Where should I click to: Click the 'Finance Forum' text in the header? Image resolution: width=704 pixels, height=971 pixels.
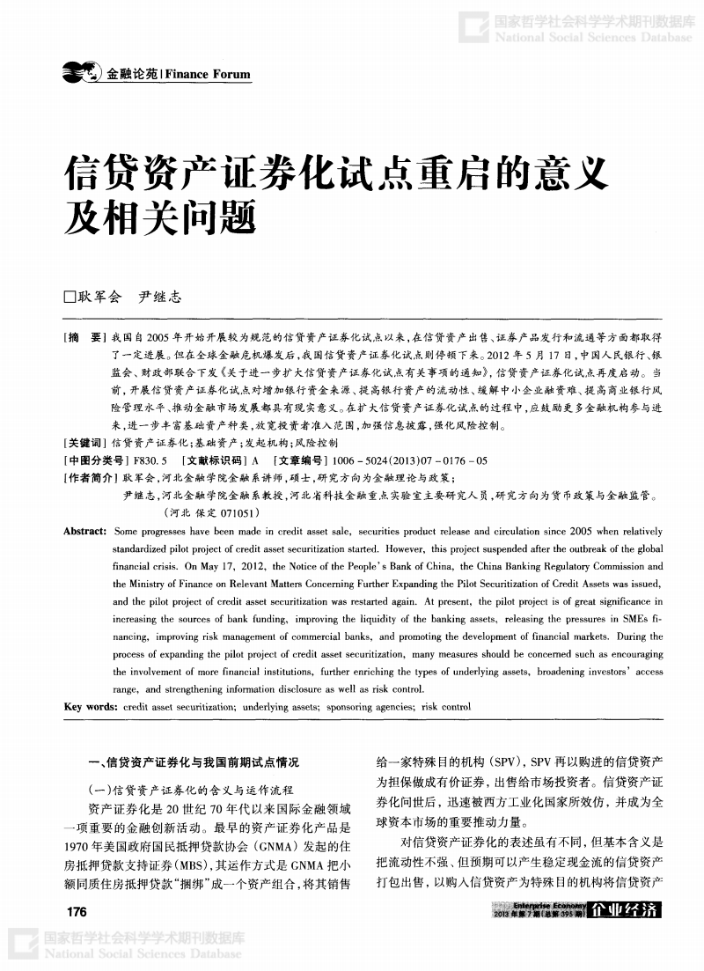208,75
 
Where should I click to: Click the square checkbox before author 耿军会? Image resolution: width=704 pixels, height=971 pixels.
70,298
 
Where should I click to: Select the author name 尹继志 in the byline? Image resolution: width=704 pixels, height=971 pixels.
160,298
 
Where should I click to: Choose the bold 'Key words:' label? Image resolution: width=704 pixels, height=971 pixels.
90,706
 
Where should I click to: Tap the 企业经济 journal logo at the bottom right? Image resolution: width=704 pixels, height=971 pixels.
626,909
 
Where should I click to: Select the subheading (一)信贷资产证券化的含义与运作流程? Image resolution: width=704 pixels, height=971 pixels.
192,791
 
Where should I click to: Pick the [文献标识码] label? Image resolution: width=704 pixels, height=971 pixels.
214,460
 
